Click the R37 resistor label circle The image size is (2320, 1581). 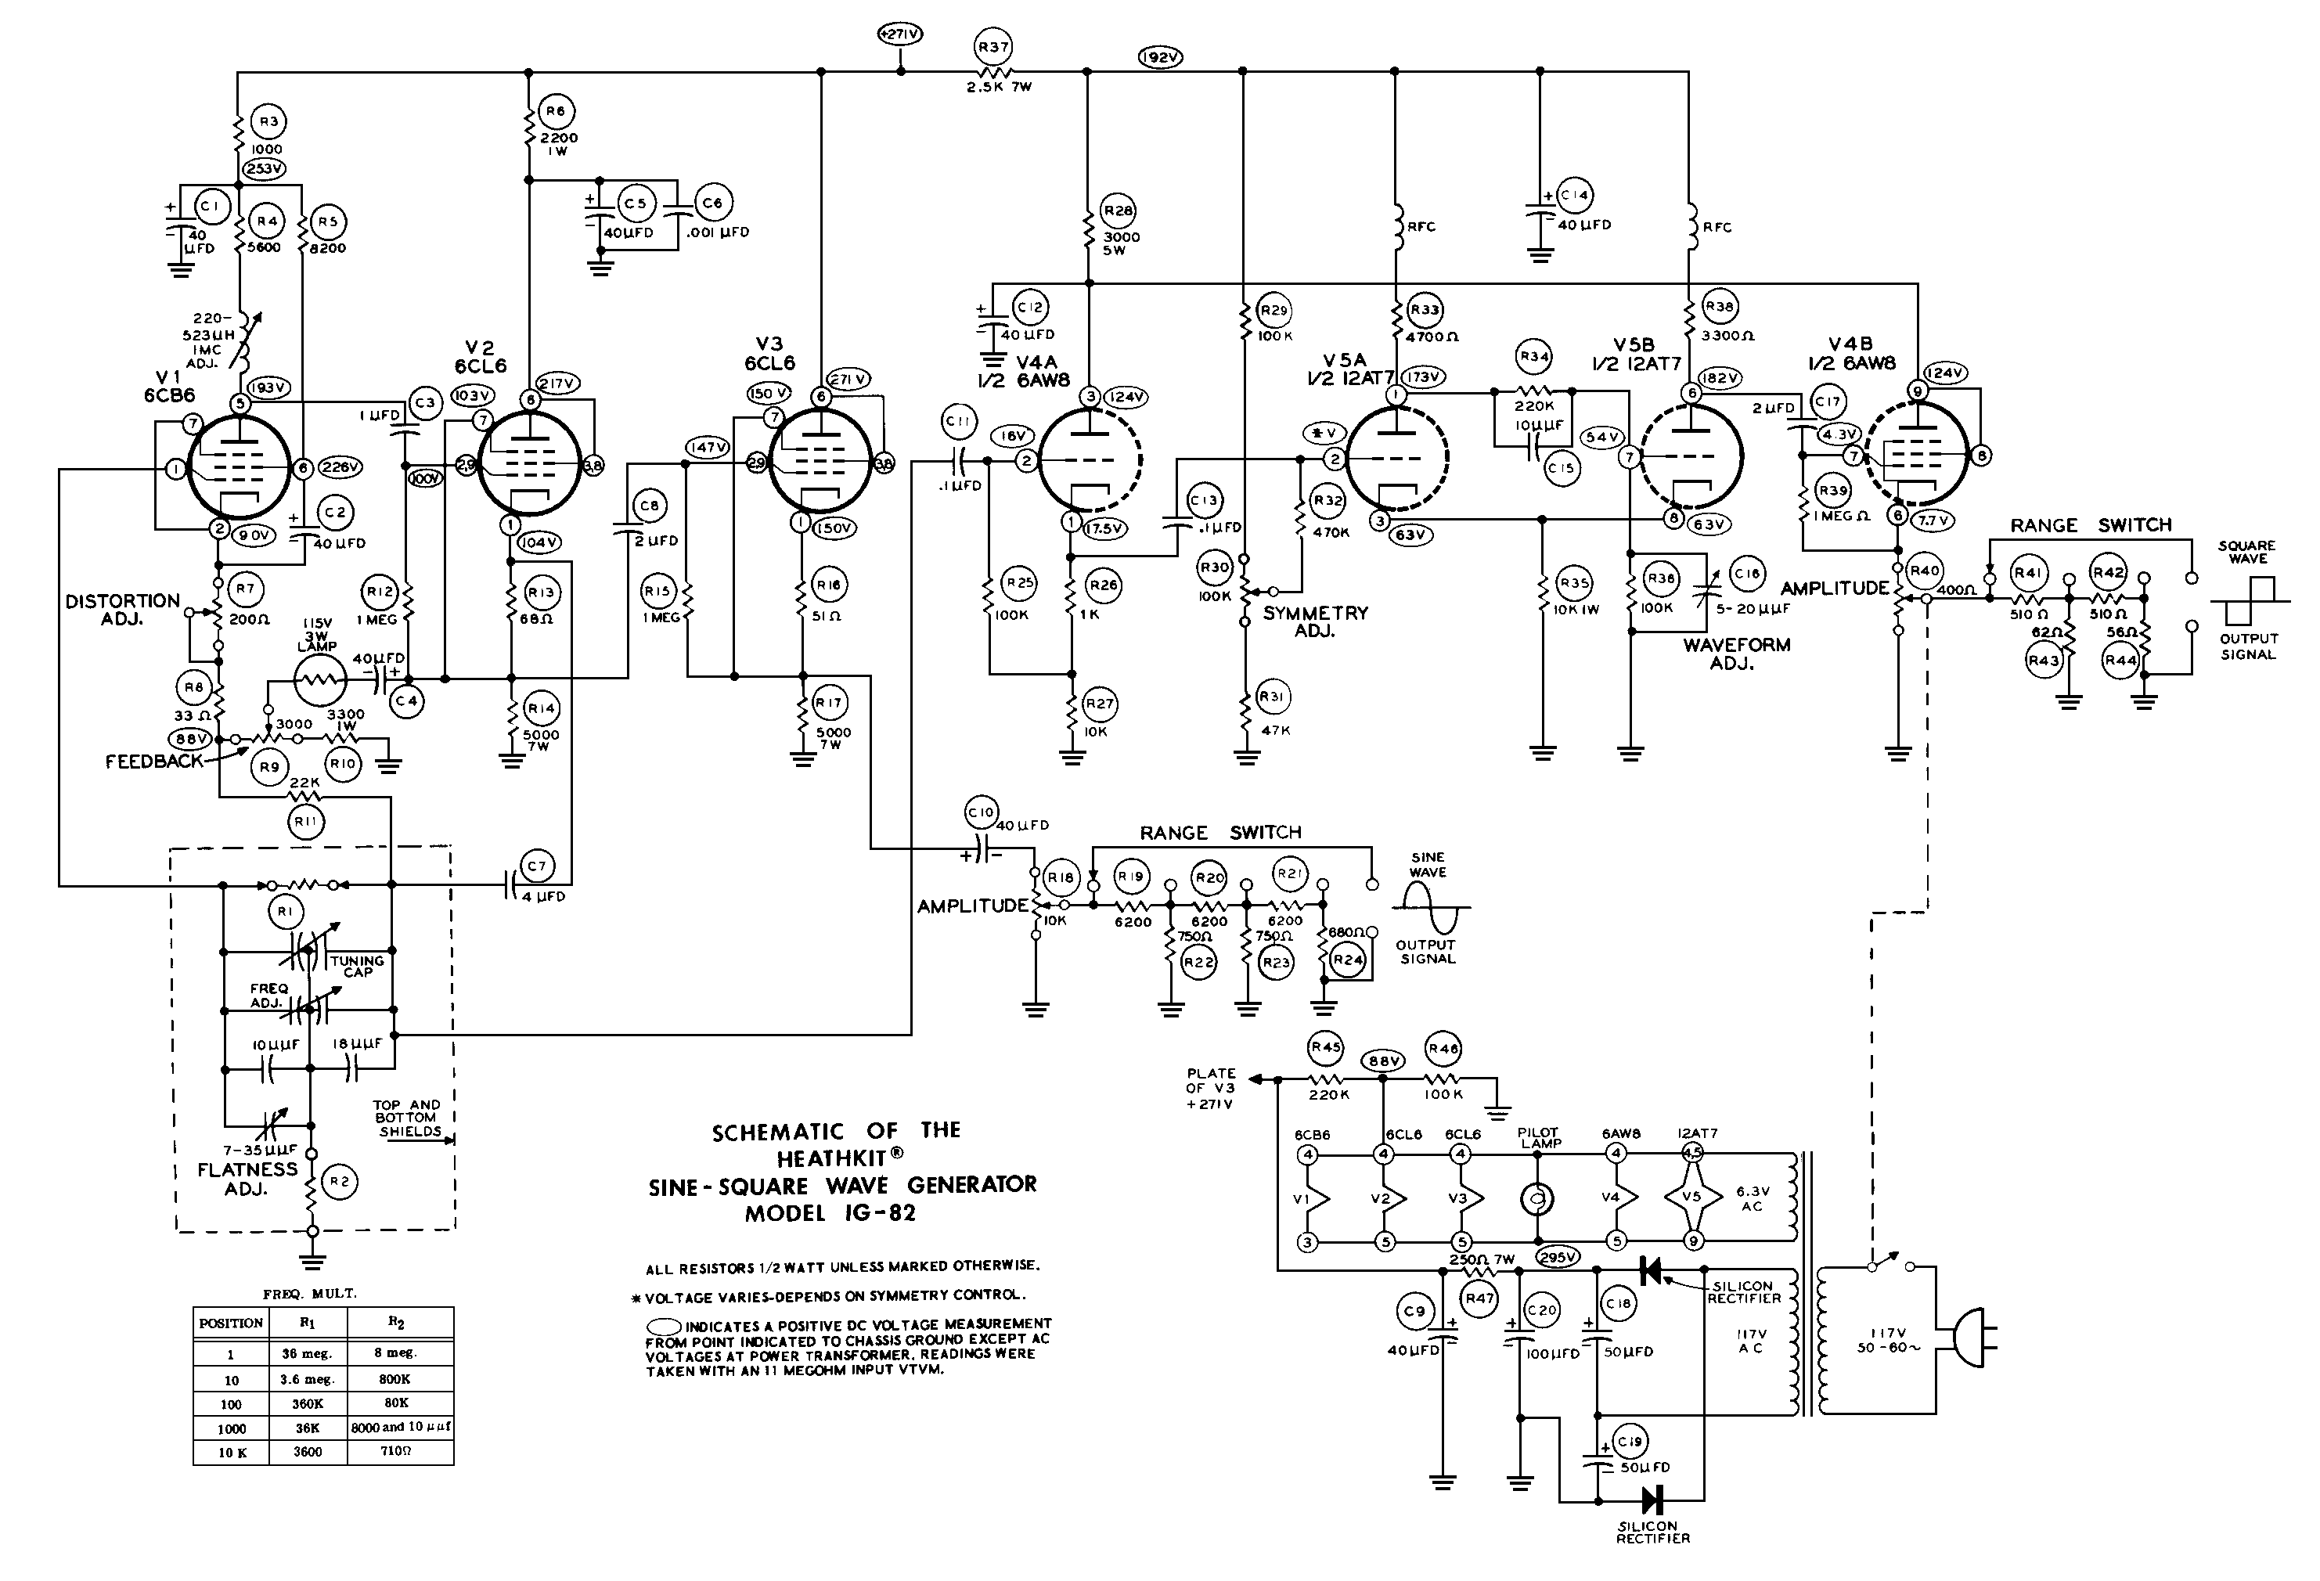pyautogui.click(x=993, y=47)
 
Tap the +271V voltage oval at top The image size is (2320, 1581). pyautogui.click(x=899, y=34)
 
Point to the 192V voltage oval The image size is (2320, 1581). pyautogui.click(x=1160, y=58)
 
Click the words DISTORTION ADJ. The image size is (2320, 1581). pyautogui.click(x=123, y=610)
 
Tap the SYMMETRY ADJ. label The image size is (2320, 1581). pyautogui.click(x=1315, y=621)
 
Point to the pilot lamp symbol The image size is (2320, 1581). pyautogui.click(x=1538, y=1197)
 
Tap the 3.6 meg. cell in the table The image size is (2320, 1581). pyautogui.click(x=307, y=1379)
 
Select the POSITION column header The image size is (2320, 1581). pyautogui.click(x=231, y=1324)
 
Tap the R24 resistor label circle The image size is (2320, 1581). pyautogui.click(x=1348, y=960)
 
